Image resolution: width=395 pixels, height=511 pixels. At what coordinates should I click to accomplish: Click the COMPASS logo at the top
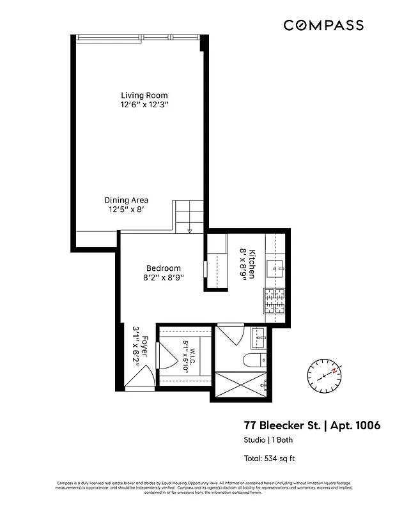coord(323,26)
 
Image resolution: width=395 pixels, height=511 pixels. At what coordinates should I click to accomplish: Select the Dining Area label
coord(127,200)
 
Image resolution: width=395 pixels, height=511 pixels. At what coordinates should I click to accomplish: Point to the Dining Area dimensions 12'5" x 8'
coord(127,209)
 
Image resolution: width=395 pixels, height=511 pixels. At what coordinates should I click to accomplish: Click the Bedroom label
coord(164,268)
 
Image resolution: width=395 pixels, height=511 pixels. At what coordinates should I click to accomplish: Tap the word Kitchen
coord(252,263)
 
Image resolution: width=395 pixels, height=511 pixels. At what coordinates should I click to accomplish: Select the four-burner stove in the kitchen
coord(275,299)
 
